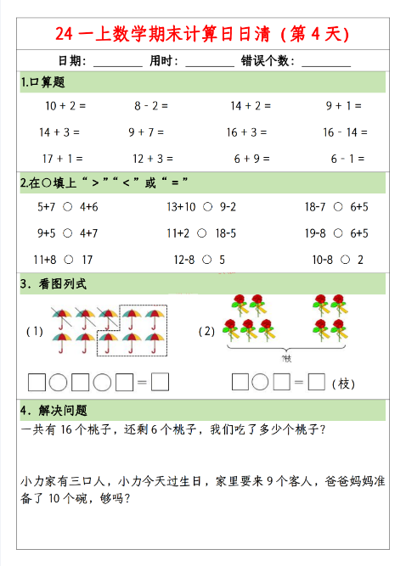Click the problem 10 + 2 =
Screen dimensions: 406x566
click(66, 106)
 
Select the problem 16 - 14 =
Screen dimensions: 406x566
click(345, 132)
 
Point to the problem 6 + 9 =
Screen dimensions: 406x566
click(251, 158)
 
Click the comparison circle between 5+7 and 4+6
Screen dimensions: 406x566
click(67, 206)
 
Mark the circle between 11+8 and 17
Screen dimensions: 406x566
click(68, 259)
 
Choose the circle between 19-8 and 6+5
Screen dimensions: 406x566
click(338, 233)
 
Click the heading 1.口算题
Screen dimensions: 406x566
click(43, 82)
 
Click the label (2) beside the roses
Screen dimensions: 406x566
click(206, 331)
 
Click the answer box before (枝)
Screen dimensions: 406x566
click(317, 382)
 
